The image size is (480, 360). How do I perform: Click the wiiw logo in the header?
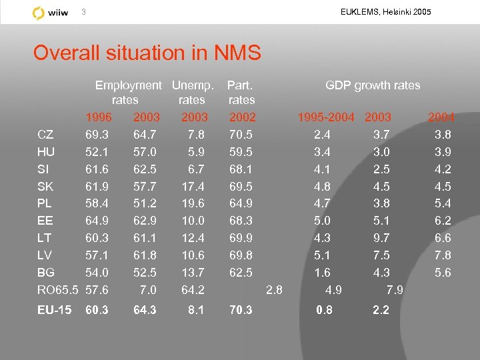(51, 13)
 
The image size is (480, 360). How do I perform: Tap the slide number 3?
(83, 12)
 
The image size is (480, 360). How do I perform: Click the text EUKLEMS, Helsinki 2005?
(385, 12)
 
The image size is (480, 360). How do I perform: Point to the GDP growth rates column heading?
(373, 85)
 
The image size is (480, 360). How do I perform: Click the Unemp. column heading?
(193, 85)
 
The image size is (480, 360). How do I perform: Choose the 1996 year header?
(99, 117)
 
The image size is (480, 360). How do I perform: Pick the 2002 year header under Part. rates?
(242, 117)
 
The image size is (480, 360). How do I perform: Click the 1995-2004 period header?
(326, 117)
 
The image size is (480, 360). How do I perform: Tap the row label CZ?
(46, 135)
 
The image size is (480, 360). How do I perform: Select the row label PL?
(45, 203)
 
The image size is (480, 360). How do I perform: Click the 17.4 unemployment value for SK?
(193, 187)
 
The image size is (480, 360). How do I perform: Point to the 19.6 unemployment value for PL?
(193, 203)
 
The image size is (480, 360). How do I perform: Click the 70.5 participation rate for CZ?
(240, 135)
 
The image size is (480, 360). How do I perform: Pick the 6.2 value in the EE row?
(443, 221)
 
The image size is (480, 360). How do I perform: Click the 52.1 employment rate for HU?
(98, 152)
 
